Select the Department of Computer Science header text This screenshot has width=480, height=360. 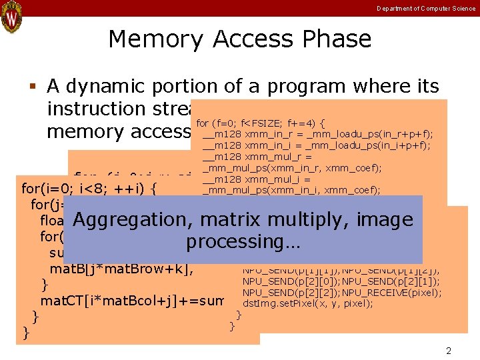(x=426, y=8)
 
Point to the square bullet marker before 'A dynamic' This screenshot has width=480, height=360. (x=31, y=87)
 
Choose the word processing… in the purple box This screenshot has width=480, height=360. (x=243, y=242)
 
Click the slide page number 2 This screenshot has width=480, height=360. (x=448, y=350)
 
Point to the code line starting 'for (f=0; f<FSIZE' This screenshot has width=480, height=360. (x=260, y=123)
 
